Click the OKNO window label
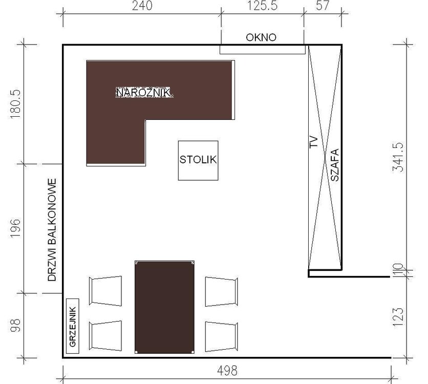tap(261, 37)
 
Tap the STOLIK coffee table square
tap(198, 160)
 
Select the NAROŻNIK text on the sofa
tap(143, 93)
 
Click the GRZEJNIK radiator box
tap(73, 326)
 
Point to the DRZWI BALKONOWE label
tap(52, 230)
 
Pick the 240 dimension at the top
tap(142, 6)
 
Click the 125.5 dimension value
tap(262, 6)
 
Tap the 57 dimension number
tap(323, 6)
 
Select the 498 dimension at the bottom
tap(227, 371)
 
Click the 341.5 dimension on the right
tap(398, 157)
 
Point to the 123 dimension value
tap(398, 317)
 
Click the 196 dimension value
tap(15, 228)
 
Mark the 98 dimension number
tap(15, 325)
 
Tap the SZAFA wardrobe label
tap(335, 165)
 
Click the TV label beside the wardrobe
tap(314, 142)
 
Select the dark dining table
tap(164, 307)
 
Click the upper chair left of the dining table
tap(105, 291)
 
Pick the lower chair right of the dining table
tap(221, 337)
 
